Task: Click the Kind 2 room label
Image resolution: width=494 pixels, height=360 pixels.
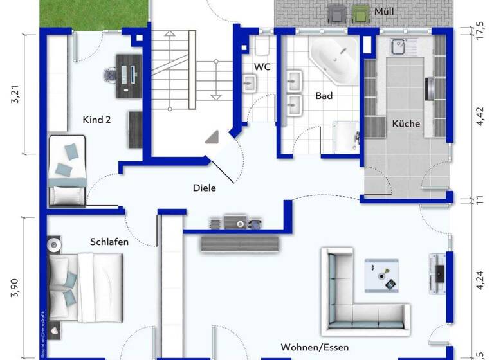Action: point(97,120)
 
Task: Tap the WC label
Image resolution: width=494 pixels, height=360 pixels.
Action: point(262,67)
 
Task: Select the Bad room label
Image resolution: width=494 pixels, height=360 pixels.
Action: point(324,96)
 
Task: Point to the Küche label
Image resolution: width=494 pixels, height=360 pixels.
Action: point(406,123)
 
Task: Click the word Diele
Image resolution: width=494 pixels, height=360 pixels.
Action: point(205,188)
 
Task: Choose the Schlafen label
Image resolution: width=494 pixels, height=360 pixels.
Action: point(109,242)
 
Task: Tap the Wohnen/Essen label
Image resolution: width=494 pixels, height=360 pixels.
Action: point(315,347)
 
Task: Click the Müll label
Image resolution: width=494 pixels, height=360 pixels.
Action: point(385,11)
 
